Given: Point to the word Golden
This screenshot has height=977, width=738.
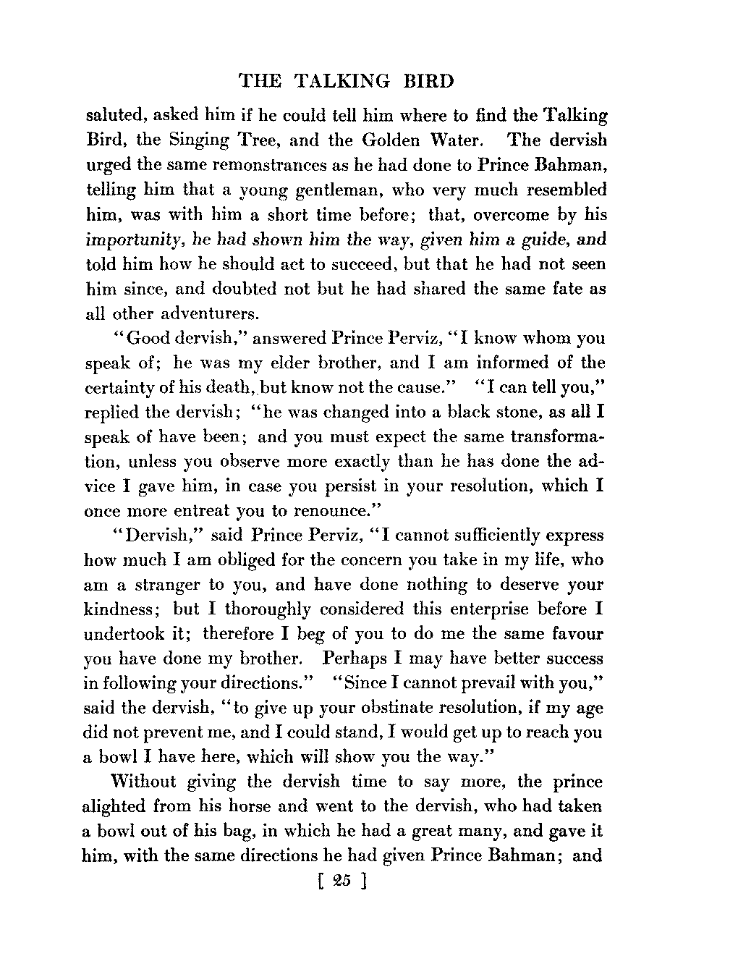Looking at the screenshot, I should [373, 140].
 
